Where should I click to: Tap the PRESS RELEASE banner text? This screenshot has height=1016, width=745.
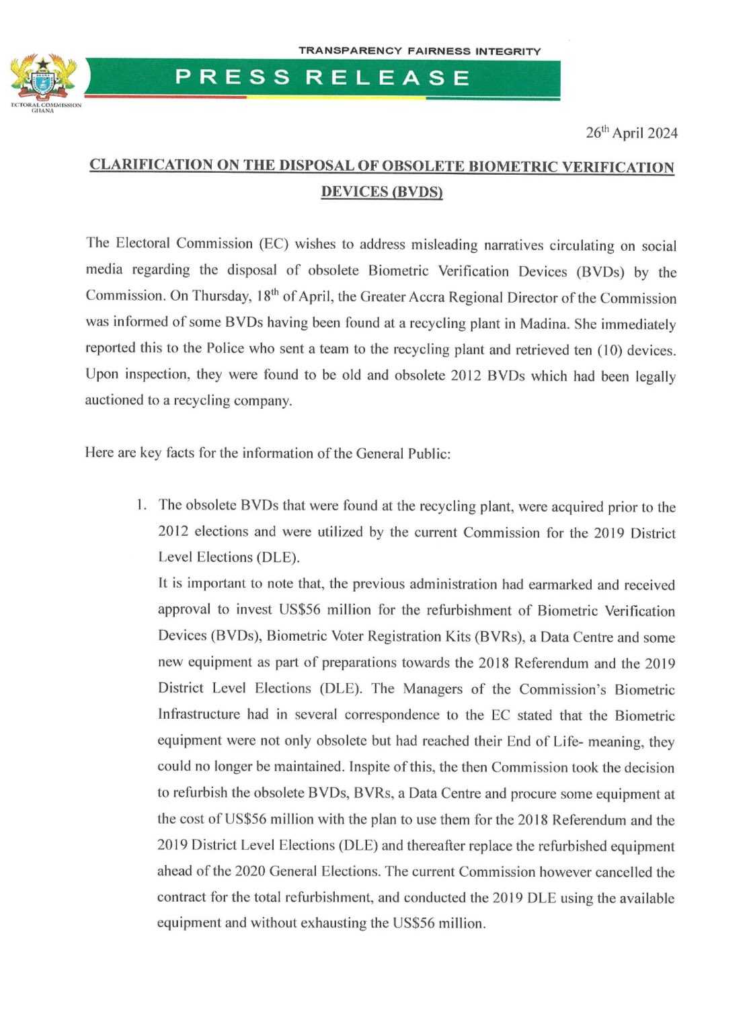pos(322,78)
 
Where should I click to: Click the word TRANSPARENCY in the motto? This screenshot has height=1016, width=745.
pos(350,51)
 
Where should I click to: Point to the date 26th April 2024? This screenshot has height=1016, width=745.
pos(631,133)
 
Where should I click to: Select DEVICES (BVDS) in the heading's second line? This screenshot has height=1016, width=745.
pos(381,192)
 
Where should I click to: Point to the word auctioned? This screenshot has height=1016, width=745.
pos(114,401)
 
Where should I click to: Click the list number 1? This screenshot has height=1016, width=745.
pos(140,505)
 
